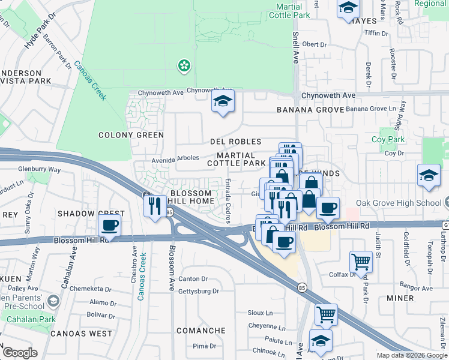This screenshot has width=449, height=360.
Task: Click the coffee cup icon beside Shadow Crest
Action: [x=109, y=226]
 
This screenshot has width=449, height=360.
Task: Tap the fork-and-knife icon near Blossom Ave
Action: [x=155, y=206]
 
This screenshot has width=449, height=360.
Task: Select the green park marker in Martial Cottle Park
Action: [x=184, y=65]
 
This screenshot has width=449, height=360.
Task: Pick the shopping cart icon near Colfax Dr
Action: [x=360, y=261]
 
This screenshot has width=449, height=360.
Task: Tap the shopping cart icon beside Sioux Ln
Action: [x=326, y=314]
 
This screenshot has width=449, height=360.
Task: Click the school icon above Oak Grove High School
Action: [x=428, y=175]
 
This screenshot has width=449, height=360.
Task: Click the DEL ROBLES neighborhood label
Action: [x=236, y=142]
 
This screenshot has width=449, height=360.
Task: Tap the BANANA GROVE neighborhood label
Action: [x=310, y=110]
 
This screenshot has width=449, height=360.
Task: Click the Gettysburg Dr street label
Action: [x=199, y=291]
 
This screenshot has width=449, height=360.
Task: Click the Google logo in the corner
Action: [x=20, y=353]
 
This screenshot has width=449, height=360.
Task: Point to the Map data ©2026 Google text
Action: [x=411, y=355]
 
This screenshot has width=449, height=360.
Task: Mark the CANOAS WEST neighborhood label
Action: [x=81, y=333]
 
